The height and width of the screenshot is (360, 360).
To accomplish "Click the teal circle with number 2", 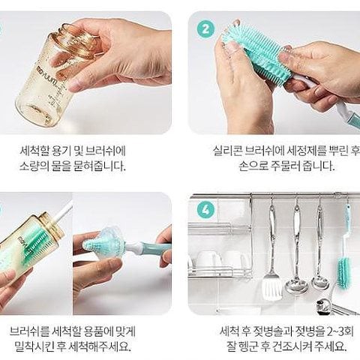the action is coord(205,28).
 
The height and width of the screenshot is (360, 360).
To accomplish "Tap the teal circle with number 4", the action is coord(205,210).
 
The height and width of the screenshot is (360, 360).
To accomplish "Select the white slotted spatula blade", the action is coord(272,286).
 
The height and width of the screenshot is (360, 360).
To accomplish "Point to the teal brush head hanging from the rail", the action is coord(344,272).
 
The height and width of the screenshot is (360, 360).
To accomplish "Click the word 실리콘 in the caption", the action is coord(226,151).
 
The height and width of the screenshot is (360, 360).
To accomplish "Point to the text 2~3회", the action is coord(340,331).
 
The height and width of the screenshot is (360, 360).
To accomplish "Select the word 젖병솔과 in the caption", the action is coord(273,331).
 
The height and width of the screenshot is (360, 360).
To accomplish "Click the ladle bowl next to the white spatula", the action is coord(296,284).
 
